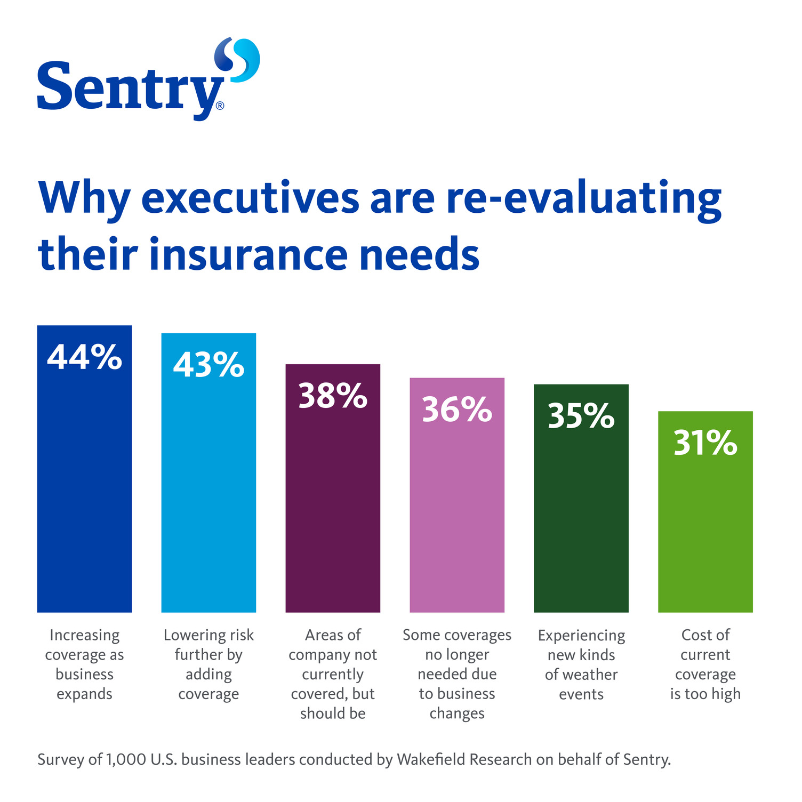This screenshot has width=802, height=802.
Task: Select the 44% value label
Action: [84, 357]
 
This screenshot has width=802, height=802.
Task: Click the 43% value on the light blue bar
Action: [208, 365]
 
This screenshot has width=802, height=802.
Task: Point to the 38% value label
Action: [333, 396]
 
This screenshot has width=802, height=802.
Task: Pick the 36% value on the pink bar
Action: [457, 410]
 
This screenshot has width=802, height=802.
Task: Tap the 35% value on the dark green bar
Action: [581, 416]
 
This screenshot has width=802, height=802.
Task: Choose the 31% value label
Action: [705, 443]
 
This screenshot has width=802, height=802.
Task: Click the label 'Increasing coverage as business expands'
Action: [84, 664]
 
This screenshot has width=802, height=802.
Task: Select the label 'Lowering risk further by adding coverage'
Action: [208, 664]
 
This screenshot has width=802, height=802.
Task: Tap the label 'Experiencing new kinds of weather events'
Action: [581, 664]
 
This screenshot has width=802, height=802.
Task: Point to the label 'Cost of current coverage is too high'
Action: [705, 664]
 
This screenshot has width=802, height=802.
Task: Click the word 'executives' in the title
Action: [250, 198]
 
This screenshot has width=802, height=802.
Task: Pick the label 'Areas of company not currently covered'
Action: [333, 674]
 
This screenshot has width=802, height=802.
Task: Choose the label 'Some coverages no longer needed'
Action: [457, 674]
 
